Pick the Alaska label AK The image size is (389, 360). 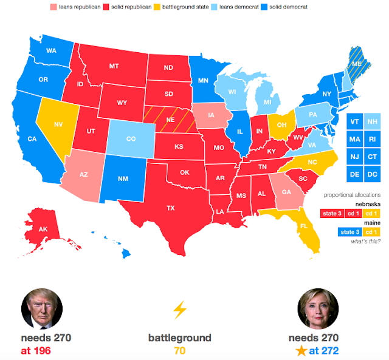pyautogui.click(x=44, y=229)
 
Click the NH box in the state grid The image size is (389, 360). pyautogui.click(x=373, y=121)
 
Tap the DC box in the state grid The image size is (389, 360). pyautogui.click(x=373, y=174)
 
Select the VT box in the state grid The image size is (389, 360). pyautogui.click(x=354, y=121)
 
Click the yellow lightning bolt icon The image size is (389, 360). pyautogui.click(x=179, y=310)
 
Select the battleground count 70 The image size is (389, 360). pyautogui.click(x=179, y=350)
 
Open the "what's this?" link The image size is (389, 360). pyautogui.click(x=366, y=242)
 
